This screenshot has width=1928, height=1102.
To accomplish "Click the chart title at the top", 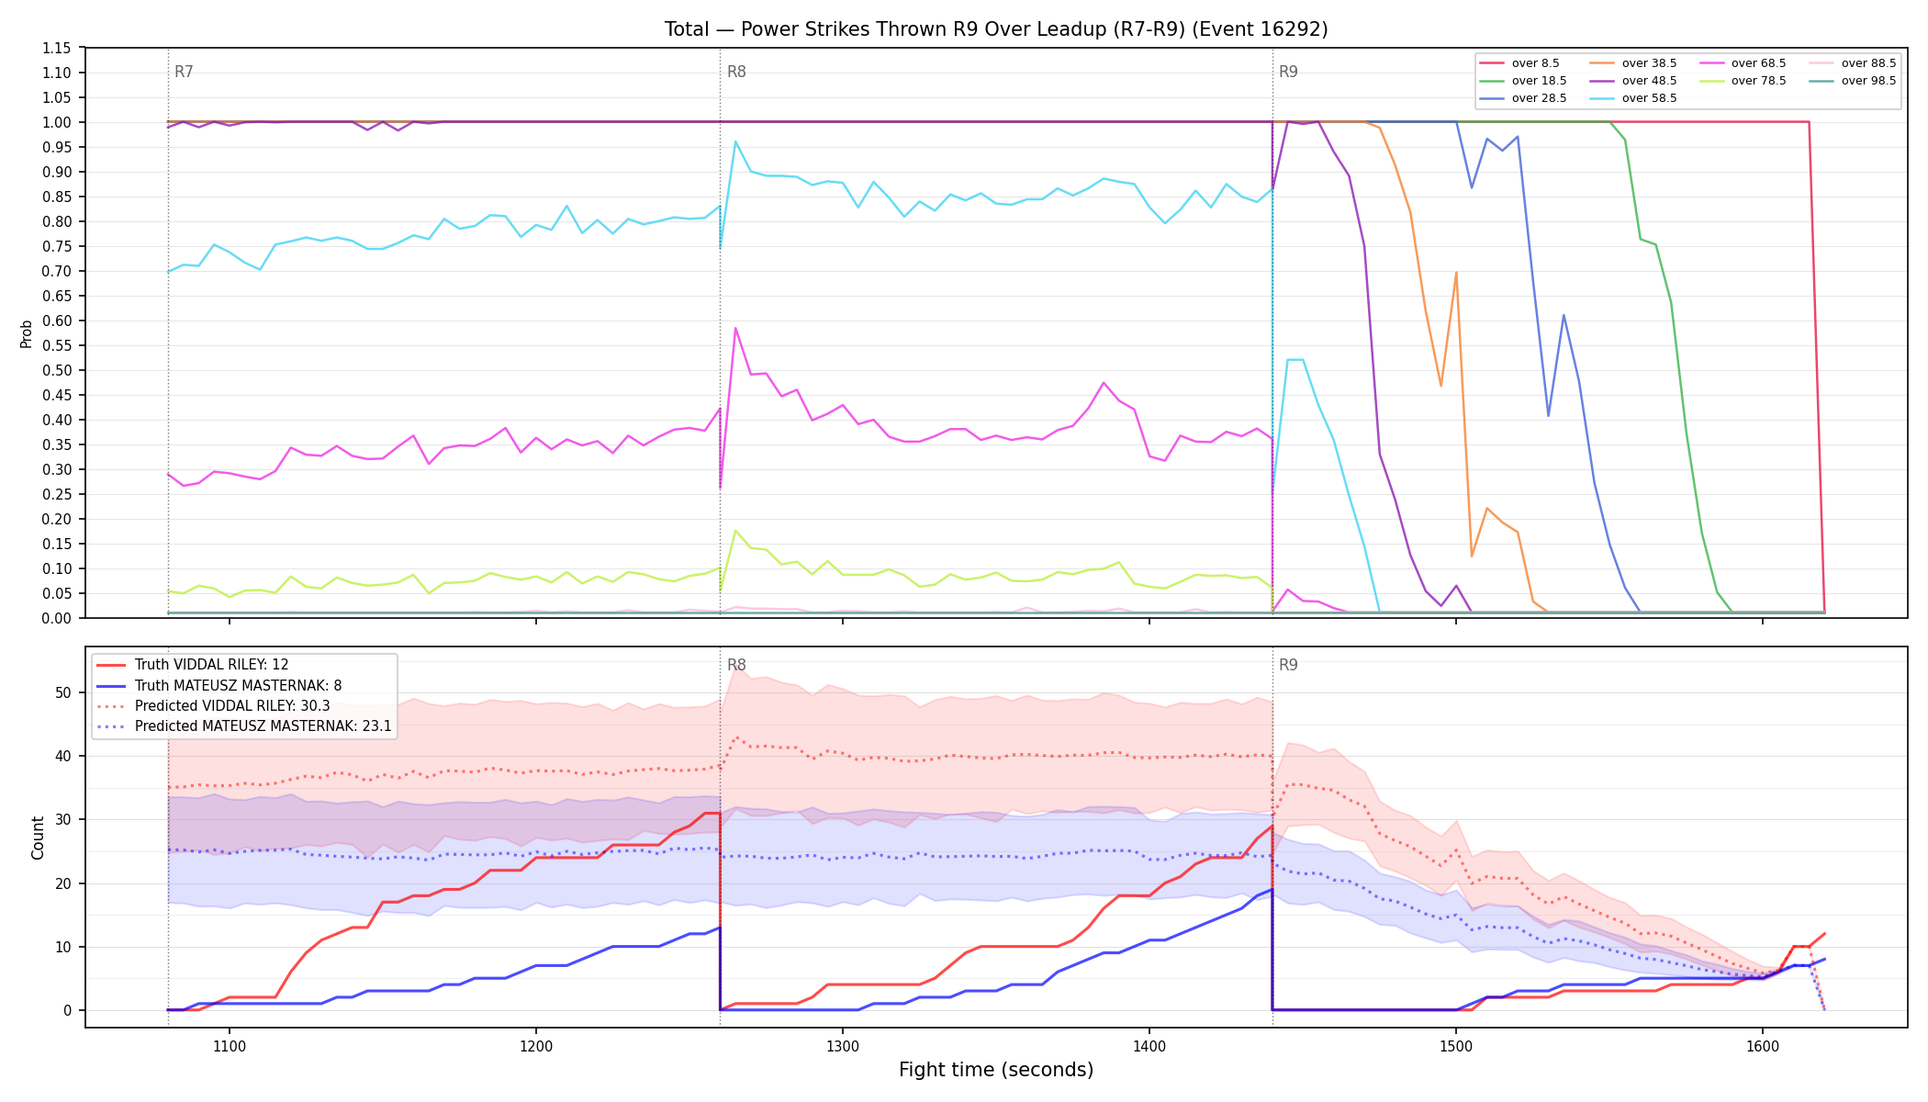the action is (x=996, y=29).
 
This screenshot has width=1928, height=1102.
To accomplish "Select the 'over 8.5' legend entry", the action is (x=1519, y=63).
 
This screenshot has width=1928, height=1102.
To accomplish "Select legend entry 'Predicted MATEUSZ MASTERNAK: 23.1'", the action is (x=244, y=726).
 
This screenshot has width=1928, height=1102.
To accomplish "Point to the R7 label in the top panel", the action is (x=184, y=72).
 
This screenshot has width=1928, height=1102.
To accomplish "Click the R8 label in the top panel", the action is (x=736, y=72).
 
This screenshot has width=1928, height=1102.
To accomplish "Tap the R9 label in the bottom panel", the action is (x=1288, y=665).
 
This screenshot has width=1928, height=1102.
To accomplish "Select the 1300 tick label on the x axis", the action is (x=843, y=1045).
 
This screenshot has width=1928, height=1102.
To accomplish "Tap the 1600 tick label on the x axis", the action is (x=1763, y=1045).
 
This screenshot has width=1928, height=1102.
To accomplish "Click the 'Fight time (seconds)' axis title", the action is (x=996, y=1070).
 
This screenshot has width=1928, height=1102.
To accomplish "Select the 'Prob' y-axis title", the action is (x=27, y=333).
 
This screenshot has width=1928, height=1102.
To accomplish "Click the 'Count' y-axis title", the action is (x=38, y=838).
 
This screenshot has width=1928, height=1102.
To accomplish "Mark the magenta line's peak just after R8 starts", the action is (x=735, y=328).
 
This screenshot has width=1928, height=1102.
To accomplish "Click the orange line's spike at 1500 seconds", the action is (x=1456, y=273).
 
